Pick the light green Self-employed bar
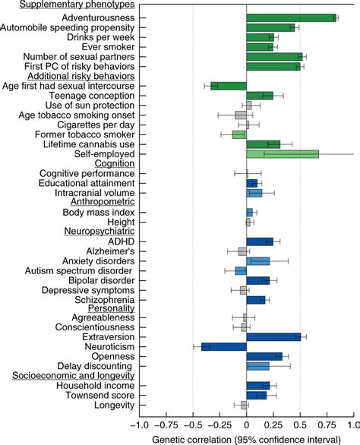coord(283,154)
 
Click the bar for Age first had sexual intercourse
coord(229,86)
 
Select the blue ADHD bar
coord(260,241)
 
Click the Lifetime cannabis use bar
coord(264,144)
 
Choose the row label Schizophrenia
coord(103,299)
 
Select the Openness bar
coord(264,357)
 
